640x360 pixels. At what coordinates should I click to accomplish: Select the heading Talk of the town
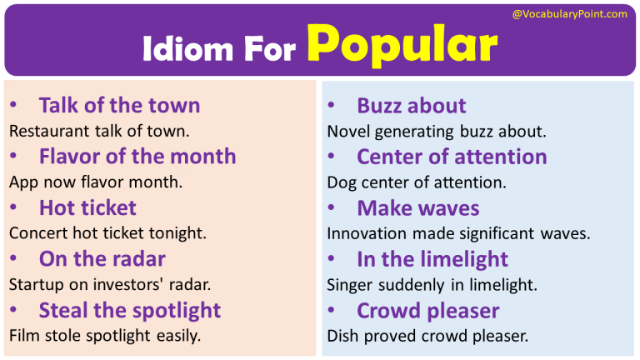point(119,106)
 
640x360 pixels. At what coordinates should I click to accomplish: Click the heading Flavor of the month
point(137,157)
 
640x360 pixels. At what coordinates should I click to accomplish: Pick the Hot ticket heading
point(87,207)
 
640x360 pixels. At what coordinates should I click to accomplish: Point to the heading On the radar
point(102,259)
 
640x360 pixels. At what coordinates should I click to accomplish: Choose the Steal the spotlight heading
point(129,311)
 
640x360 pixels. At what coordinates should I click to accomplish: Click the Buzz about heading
point(411,106)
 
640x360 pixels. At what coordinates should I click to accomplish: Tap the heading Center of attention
point(452,157)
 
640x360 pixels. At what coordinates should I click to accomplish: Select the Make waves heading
point(417,208)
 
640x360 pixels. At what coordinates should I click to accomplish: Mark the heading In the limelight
point(432,259)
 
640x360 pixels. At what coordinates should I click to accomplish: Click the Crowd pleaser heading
point(427,311)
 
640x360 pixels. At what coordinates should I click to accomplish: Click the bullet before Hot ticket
point(12,208)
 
